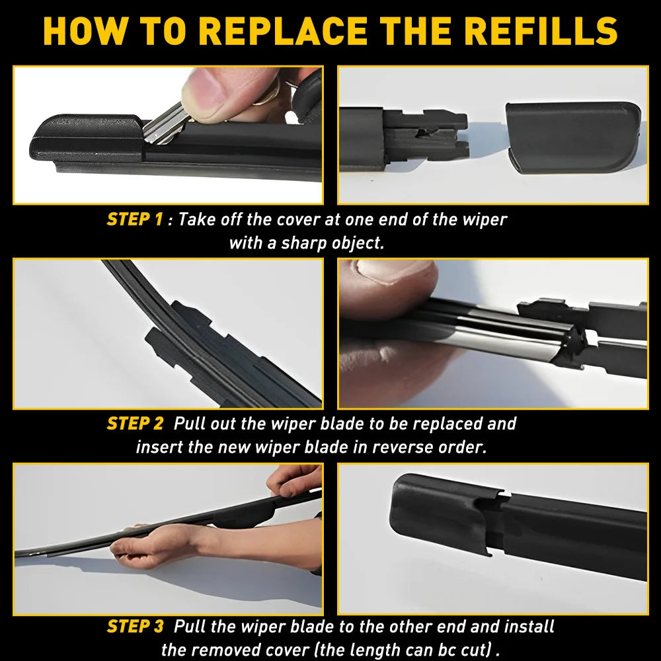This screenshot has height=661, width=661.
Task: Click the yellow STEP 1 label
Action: [x=134, y=219]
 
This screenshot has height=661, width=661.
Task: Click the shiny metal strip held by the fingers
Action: [x=463, y=330]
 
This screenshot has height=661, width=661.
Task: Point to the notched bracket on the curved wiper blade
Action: [x=192, y=330]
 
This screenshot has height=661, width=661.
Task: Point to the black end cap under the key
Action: [x=86, y=139]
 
